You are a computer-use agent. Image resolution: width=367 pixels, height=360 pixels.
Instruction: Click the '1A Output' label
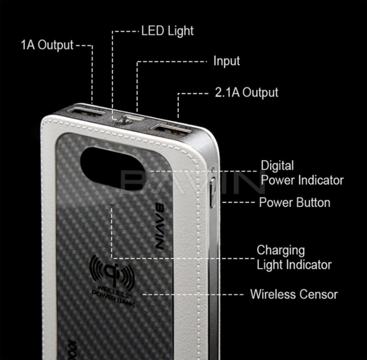point(47,45)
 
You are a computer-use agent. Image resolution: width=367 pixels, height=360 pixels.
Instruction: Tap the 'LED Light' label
point(167,31)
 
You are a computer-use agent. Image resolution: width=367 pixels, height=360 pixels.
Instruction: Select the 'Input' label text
point(226,61)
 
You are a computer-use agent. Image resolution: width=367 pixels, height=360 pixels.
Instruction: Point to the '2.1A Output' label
point(246,92)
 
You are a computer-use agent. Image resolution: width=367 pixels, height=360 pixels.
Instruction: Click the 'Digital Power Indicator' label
point(302,172)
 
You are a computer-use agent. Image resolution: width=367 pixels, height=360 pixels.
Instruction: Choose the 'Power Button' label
point(295,202)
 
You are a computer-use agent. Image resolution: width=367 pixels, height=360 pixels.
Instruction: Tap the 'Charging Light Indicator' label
point(294,257)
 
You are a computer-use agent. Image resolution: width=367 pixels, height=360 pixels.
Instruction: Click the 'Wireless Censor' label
point(294,294)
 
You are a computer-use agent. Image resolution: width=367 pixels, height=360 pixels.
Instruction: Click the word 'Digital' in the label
point(277,165)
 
